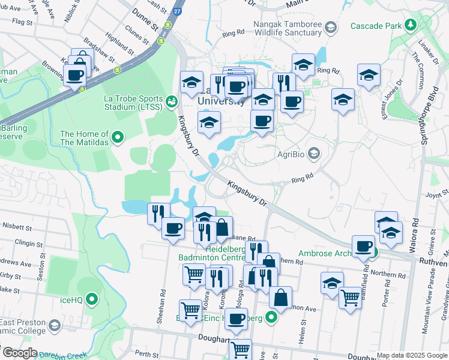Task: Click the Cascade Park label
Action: point(376,26)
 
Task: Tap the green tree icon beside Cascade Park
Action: point(410,25)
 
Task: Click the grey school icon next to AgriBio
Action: point(313,154)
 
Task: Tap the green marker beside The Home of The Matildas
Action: point(118,138)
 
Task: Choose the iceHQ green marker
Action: point(92,298)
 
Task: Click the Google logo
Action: point(20,353)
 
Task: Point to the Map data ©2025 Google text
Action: point(411,355)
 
